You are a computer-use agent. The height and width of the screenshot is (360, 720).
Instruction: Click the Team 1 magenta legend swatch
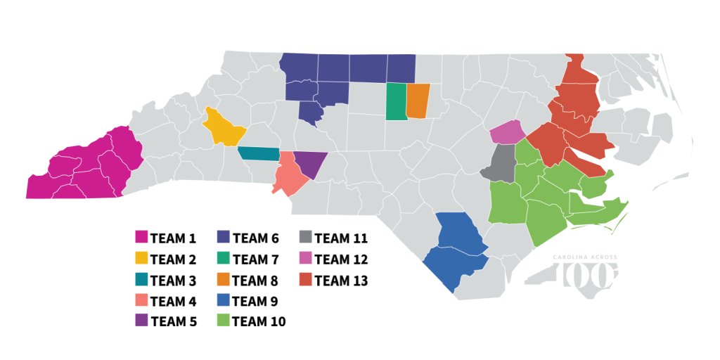pyautogui.click(x=141, y=238)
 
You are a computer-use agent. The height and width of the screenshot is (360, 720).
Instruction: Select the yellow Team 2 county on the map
pyautogui.click(x=223, y=128)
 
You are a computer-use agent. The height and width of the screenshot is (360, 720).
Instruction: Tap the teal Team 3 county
pyautogui.click(x=258, y=154)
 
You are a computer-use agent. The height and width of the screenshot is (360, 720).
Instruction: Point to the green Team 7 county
pyautogui.click(x=396, y=101)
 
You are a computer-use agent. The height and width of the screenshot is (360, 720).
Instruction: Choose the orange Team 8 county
pyautogui.click(x=418, y=101)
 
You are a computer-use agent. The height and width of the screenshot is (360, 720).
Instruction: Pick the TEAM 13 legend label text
pyautogui.click(x=341, y=281)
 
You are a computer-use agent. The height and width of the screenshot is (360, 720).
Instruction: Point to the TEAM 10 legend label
pyautogui.click(x=258, y=322)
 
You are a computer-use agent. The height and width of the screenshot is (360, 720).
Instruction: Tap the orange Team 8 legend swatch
pyautogui.click(x=223, y=280)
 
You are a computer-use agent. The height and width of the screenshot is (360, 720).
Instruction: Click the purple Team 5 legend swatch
pyautogui.click(x=141, y=322)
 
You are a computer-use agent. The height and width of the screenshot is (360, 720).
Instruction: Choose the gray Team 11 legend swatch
pyautogui.click(x=304, y=238)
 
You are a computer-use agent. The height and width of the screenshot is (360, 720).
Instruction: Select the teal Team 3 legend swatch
pyautogui.click(x=141, y=280)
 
